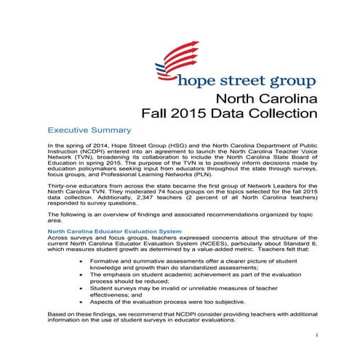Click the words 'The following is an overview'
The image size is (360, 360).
click(88, 215)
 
